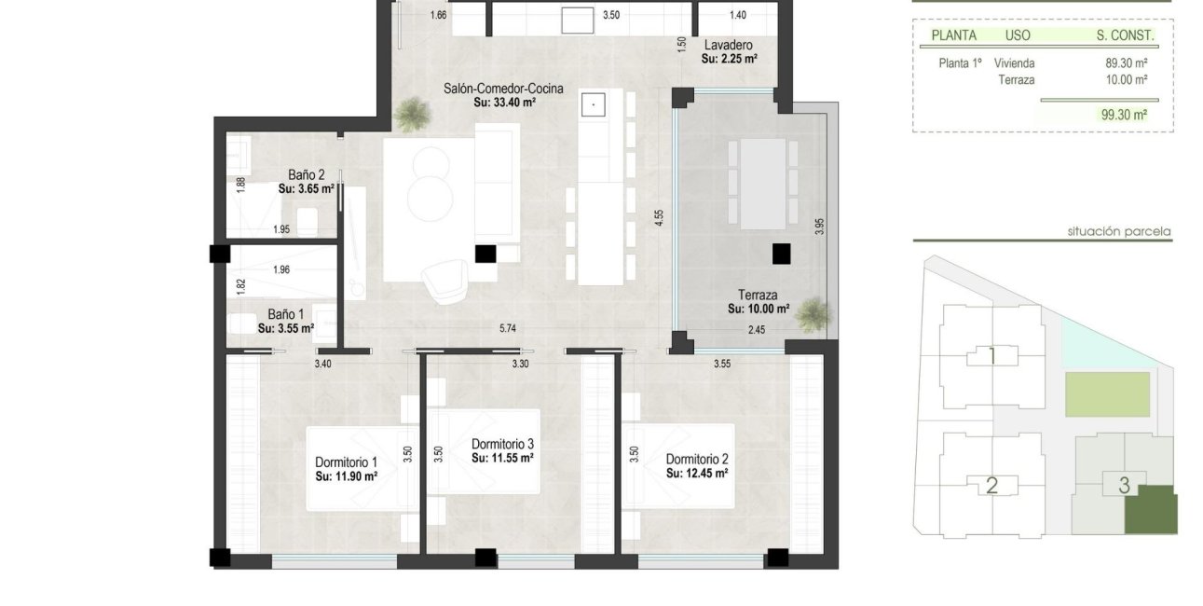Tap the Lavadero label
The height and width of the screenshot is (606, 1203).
[728, 45]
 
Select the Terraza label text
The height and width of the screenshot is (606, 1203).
[759, 295]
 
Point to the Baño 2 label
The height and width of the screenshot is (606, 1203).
[306, 174]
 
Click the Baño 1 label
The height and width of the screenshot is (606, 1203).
[285, 315]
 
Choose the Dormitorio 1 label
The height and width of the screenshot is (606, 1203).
[346, 462]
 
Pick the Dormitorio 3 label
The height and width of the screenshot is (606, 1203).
[502, 444]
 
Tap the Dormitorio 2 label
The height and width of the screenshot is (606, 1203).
[696, 459]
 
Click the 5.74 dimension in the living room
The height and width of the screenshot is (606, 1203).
[508, 328]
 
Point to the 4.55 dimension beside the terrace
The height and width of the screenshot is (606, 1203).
[659, 219]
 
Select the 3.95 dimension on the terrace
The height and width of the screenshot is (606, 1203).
[819, 227]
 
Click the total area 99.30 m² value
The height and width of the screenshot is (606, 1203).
[1124, 115]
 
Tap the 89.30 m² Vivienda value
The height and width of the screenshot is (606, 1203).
[1126, 63]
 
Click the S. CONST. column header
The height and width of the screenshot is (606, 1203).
[1125, 35]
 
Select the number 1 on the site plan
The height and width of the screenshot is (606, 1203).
[992, 355]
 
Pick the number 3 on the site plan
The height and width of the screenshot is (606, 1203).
[1125, 485]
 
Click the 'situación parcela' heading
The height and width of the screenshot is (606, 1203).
[1119, 231]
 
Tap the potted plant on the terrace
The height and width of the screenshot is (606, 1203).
[812, 312]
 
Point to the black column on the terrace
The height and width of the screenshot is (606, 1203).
[781, 253]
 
